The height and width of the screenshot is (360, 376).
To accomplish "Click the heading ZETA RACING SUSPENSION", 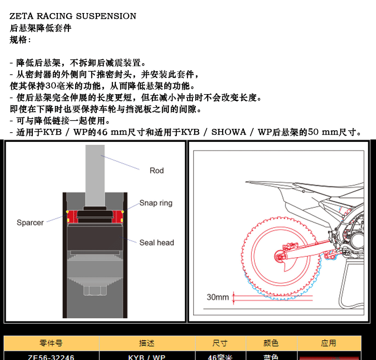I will (73, 16).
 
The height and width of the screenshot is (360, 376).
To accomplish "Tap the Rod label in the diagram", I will (157, 170).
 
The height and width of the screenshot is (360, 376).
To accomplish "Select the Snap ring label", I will (156, 203).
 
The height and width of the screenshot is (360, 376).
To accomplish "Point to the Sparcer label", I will (30, 222).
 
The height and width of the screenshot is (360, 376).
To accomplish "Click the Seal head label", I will (157, 242).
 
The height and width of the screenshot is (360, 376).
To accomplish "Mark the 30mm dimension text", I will (217, 297).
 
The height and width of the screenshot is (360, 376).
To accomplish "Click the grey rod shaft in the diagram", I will (95, 174).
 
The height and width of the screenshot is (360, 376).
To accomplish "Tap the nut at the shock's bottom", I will (95, 290).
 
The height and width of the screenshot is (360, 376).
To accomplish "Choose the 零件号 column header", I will (51, 344).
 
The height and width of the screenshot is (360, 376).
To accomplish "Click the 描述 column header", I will (147, 344).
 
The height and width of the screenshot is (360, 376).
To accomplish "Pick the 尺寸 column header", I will (220, 344).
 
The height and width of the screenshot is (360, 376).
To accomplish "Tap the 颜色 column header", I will (271, 344).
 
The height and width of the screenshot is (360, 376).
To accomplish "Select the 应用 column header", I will (328, 344).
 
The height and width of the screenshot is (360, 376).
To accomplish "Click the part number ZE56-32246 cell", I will (51, 357).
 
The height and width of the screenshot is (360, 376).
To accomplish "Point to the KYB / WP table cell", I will (147, 357).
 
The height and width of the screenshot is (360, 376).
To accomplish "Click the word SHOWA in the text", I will (228, 132).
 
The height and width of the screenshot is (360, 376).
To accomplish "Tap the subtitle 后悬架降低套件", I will (40, 28).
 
